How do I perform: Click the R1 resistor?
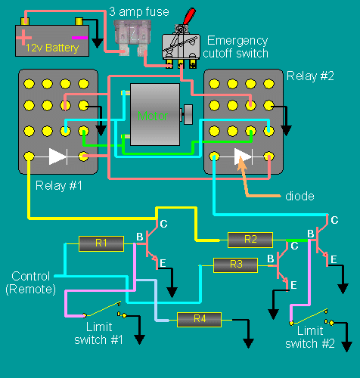point(101,243)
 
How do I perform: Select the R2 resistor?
point(250,240)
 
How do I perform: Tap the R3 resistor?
point(236,265)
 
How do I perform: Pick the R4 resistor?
point(199,320)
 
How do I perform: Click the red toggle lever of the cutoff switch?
point(189,17)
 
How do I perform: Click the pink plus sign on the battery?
point(23,38)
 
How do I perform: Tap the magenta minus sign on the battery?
point(79,38)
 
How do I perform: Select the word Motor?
point(153,116)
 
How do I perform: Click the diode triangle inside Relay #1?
point(57,156)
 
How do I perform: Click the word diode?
point(299,196)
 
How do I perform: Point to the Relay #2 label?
point(310,76)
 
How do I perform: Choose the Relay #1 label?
point(59,186)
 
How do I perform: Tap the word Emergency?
point(237,41)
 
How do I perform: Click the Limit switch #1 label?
point(99,333)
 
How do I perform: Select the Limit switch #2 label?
point(310,337)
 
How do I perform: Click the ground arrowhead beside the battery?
point(98,43)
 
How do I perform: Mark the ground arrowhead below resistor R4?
point(248,343)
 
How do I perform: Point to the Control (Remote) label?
point(30,283)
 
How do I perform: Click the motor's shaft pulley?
point(188,115)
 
